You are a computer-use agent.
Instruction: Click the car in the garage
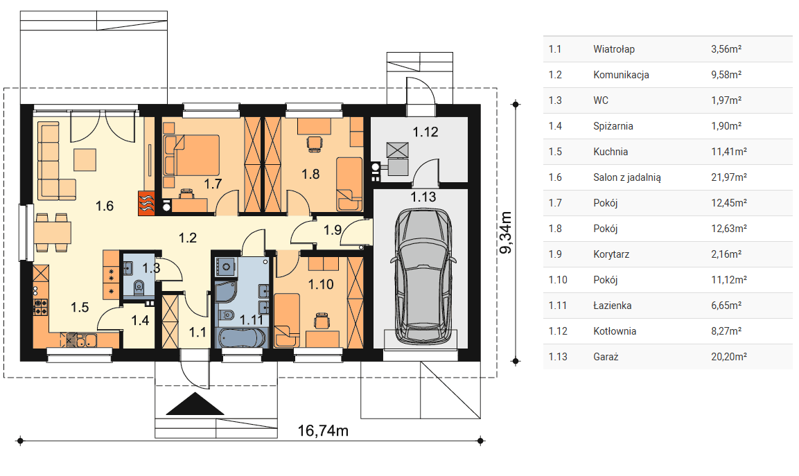pos(422,275)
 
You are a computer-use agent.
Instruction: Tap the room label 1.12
pos(425,132)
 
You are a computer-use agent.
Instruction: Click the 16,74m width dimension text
pos(322,431)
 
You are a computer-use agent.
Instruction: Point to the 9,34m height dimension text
pos(505,232)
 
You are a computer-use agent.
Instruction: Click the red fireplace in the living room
pos(146,203)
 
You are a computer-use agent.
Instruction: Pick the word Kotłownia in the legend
pos(615,331)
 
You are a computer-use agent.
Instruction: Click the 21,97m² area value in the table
pos(729,177)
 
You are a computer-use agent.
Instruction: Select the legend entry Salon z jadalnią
pos(626,177)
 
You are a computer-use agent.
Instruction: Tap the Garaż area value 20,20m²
pos(729,357)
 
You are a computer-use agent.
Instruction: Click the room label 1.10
pos(321,284)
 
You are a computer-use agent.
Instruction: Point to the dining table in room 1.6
pos(53,232)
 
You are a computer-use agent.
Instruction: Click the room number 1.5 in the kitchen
pos(80,308)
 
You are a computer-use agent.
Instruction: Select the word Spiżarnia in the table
pos(613,126)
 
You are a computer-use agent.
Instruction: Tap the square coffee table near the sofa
pos(85,159)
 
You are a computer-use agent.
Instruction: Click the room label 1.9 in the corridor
pos(333,230)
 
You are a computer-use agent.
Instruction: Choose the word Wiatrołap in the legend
pos(614,49)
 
